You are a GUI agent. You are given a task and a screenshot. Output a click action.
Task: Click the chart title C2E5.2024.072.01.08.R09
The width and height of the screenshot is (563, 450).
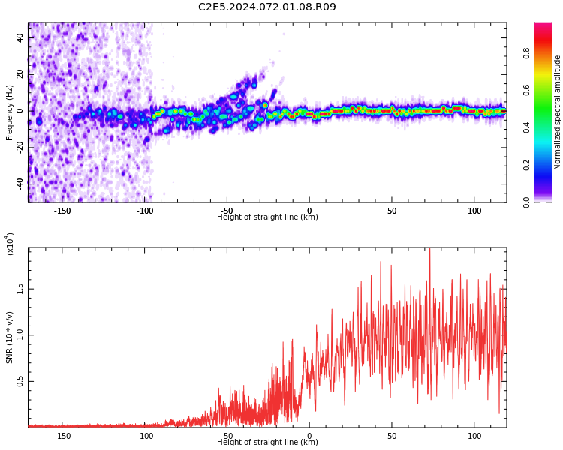(267, 7)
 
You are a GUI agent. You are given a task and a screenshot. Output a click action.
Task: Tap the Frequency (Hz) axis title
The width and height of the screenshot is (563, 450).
(9, 112)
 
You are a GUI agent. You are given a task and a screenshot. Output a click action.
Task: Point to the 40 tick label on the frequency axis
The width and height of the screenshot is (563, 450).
(20, 37)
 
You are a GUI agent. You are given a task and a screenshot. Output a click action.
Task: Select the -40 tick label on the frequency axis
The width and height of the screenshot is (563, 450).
(20, 184)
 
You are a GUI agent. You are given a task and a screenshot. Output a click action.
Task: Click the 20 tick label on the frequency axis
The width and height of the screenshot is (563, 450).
(20, 74)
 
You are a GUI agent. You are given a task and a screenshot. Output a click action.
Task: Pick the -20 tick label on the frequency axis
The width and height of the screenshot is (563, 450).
(20, 148)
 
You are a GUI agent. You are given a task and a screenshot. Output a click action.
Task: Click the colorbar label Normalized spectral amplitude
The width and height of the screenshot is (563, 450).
(557, 112)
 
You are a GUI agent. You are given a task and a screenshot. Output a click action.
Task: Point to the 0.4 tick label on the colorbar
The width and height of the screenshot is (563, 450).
(526, 127)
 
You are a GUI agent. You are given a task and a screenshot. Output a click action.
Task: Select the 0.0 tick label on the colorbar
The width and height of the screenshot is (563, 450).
(526, 202)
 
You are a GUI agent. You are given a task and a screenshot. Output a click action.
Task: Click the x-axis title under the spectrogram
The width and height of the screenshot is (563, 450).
(267, 217)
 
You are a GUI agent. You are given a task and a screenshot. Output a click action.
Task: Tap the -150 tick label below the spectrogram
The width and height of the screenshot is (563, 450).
(62, 211)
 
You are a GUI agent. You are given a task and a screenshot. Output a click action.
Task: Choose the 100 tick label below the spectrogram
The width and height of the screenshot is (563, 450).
(474, 211)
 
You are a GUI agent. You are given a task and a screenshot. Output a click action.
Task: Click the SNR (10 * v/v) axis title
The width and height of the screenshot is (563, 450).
(9, 337)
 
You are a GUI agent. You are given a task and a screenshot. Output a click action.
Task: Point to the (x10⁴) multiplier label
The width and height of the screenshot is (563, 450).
(9, 244)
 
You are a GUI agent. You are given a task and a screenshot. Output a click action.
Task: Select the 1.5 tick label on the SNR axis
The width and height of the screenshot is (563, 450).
(20, 289)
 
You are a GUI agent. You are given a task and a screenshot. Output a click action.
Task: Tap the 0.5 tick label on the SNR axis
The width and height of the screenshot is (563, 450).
(20, 382)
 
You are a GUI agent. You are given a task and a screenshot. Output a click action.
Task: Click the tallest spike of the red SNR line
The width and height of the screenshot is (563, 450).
(429, 248)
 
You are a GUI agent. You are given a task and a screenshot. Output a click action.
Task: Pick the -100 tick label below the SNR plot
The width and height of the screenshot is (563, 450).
(145, 436)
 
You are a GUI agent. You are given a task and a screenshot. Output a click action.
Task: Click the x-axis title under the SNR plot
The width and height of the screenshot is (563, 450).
(267, 442)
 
